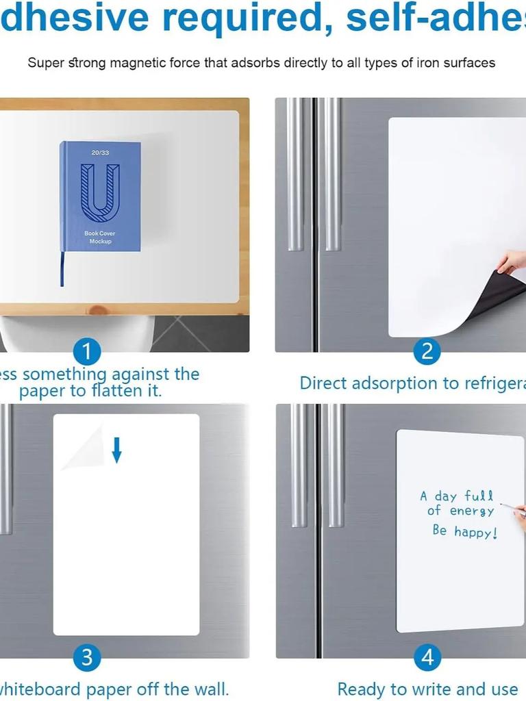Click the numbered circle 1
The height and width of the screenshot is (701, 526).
click(86, 352)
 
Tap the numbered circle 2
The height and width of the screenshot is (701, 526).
click(427, 352)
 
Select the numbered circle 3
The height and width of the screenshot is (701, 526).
click(86, 658)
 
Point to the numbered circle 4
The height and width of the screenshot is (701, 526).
click(427, 658)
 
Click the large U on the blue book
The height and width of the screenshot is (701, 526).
click(100, 189)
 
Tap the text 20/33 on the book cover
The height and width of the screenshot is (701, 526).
click(100, 153)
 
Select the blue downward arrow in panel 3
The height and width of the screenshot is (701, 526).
click(116, 449)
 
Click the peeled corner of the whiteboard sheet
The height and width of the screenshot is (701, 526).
click(84, 449)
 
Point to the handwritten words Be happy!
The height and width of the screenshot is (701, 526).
click(464, 531)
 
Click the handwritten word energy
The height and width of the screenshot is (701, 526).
click(472, 511)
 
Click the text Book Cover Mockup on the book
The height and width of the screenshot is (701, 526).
click(100, 238)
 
